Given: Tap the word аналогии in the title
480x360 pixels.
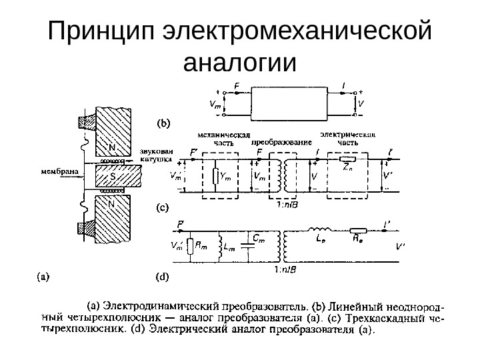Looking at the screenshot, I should pos(239,63).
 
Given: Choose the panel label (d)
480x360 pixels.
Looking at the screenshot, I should pos(163,275).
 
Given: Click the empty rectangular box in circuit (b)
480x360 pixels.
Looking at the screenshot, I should pos(291,103).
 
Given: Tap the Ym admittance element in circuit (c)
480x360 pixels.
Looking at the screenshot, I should pos(215,177).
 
